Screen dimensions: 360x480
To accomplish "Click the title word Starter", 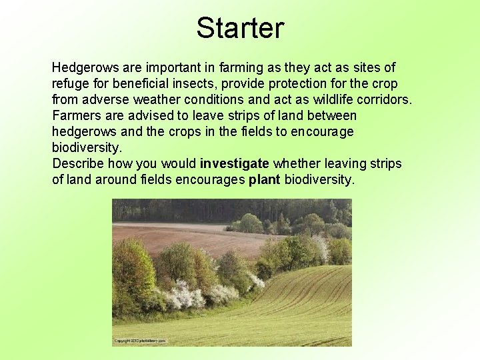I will coord(240,28).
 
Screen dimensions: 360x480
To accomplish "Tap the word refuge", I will coord(70,84).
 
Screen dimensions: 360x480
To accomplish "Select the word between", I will coord(334,116).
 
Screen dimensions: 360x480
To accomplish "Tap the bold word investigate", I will coord(234,164).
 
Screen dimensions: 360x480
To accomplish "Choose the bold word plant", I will coord(264,180).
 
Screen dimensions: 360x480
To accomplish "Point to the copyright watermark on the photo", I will coord(140,341).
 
